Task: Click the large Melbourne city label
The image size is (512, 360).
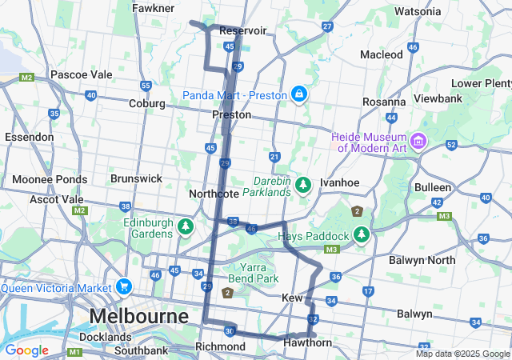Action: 139,316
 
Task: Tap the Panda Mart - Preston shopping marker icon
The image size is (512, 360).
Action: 299,94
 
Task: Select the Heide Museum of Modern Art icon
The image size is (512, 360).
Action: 418,142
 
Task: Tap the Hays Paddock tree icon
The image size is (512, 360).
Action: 362,236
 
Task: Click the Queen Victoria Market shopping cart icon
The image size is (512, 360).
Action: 123,286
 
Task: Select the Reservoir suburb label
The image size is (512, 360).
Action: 242,30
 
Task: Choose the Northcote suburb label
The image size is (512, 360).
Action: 214,194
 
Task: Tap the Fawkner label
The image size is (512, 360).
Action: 154,8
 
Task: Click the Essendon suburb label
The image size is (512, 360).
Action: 29,137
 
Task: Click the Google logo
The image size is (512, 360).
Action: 26,350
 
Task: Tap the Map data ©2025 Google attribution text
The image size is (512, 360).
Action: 462,354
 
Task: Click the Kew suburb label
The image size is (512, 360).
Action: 292,298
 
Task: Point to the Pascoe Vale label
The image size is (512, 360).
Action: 81,74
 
